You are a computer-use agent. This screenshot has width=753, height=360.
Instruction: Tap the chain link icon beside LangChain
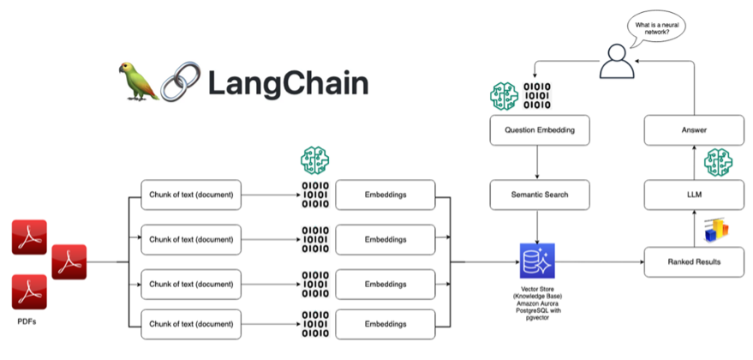[x=179, y=82]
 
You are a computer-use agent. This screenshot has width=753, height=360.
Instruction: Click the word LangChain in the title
[x=288, y=83]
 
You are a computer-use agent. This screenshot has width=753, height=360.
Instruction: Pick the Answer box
[x=693, y=130]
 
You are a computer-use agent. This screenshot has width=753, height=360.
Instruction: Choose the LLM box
[x=693, y=195]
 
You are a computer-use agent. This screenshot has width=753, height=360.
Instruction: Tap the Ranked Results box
[x=693, y=261]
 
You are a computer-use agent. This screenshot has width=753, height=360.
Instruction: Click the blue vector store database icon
[x=536, y=259]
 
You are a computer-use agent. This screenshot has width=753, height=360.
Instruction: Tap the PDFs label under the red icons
[x=28, y=322]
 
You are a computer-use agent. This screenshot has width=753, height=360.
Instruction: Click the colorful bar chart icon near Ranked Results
[x=715, y=230]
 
